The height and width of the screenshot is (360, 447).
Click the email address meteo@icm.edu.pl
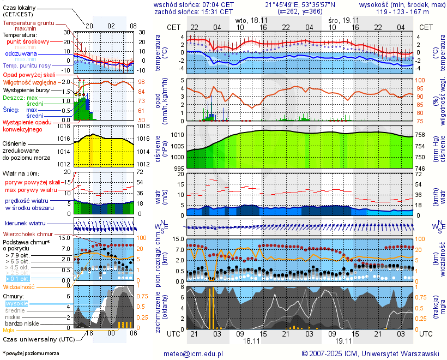(x=194, y=353)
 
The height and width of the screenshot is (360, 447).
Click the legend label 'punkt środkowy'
(x=28, y=41)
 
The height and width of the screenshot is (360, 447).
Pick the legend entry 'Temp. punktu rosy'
(x=27, y=65)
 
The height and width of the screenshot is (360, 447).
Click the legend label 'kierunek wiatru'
(x=25, y=224)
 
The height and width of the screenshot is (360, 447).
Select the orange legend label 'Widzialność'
(x=19, y=286)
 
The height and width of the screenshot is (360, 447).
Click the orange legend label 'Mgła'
(x=9, y=330)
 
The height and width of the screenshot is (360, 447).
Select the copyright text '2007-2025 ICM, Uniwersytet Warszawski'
(x=375, y=353)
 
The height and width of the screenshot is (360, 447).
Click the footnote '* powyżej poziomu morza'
(x=31, y=353)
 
